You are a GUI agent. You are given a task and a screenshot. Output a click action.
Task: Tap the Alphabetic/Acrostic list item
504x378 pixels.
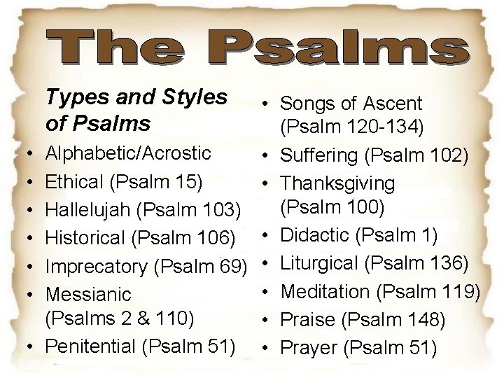[x=128, y=153]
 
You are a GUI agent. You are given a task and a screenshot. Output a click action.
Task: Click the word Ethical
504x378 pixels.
[x=76, y=181]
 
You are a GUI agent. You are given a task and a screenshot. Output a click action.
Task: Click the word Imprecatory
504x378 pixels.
[x=97, y=266]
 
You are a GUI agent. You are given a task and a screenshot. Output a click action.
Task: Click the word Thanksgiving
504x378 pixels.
[x=338, y=183]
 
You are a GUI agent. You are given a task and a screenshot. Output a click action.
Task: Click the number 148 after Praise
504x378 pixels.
[x=426, y=318]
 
